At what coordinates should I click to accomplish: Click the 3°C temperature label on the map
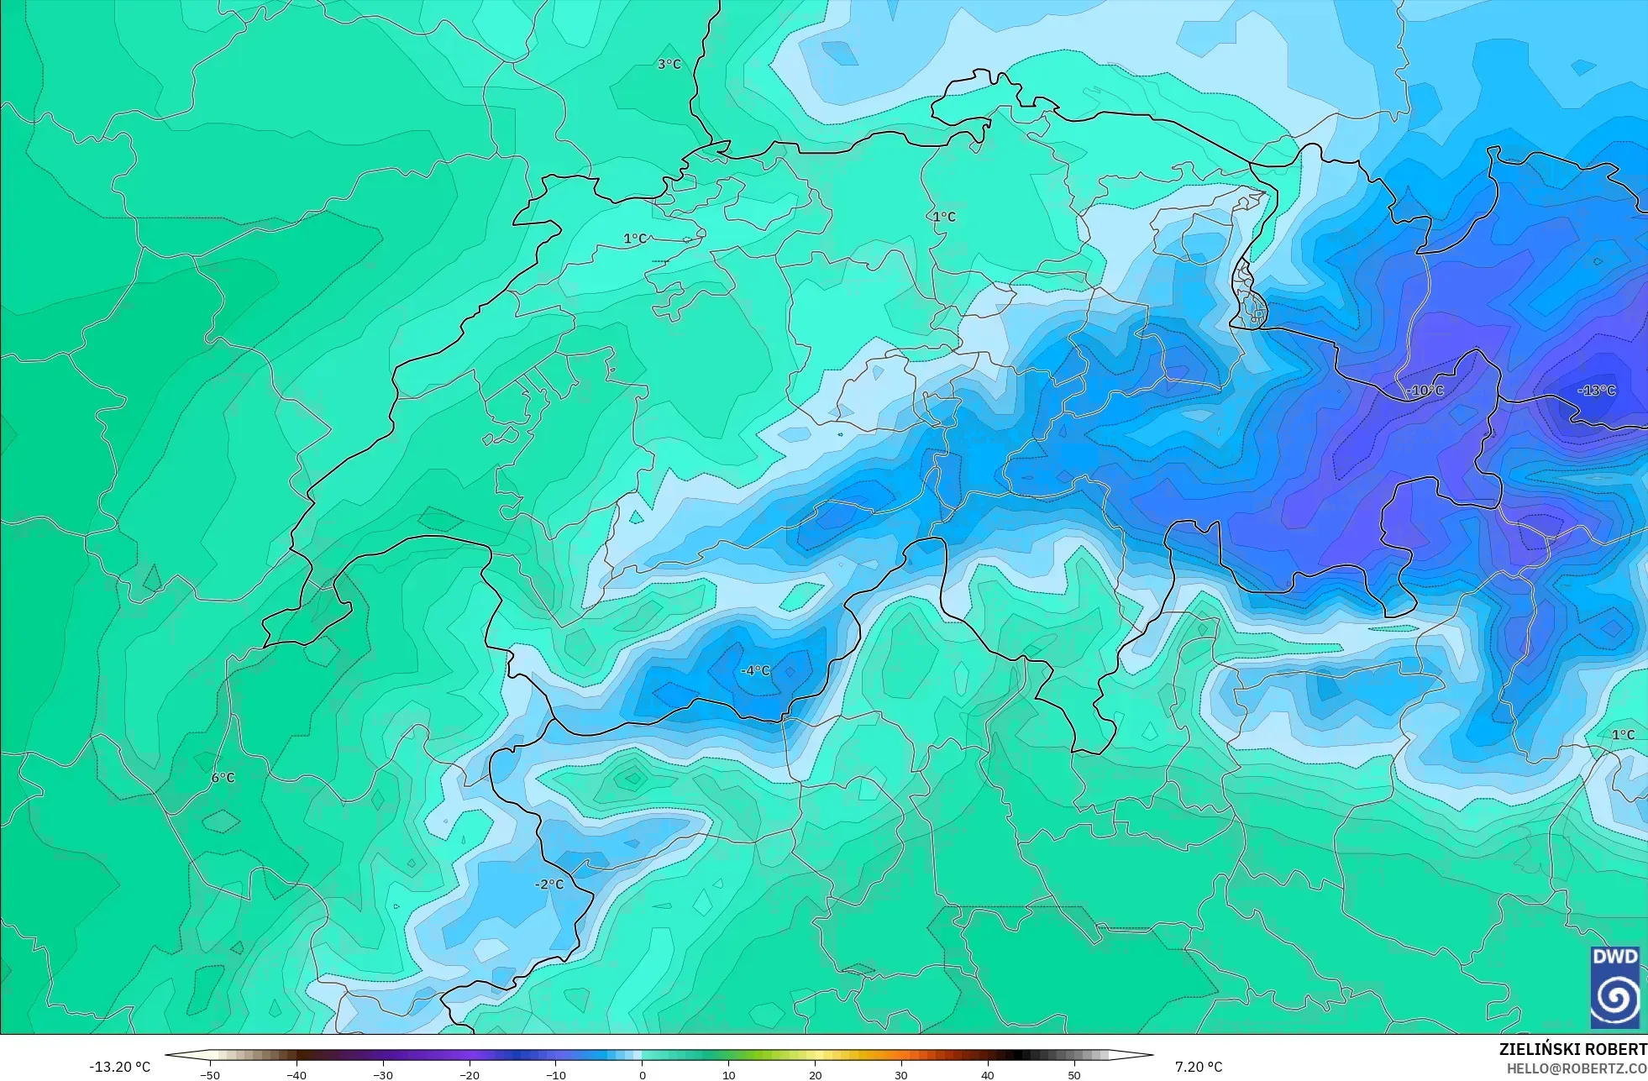pyautogui.click(x=669, y=64)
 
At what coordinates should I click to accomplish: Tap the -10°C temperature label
pyautogui.click(x=1425, y=391)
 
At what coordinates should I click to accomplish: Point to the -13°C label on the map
pyautogui.click(x=1596, y=390)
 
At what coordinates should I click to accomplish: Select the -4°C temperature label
pyautogui.click(x=755, y=670)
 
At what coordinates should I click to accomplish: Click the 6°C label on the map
pyautogui.click(x=223, y=778)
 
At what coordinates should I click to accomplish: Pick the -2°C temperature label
pyautogui.click(x=549, y=884)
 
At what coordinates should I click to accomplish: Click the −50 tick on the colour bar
pyautogui.click(x=210, y=1074)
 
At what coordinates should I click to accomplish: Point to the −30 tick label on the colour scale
pyautogui.click(x=382, y=1074)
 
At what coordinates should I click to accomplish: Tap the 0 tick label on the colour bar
pyautogui.click(x=643, y=1074)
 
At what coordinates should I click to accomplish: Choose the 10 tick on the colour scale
pyautogui.click(x=728, y=1074)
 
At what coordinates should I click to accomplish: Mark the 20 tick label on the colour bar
pyautogui.click(x=815, y=1074)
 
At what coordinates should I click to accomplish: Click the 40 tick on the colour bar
pyautogui.click(x=987, y=1074)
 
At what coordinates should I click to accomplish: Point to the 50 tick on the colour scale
pyautogui.click(x=1073, y=1074)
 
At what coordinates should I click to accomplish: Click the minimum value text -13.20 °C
pyautogui.click(x=120, y=1067)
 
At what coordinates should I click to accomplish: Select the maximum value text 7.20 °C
pyautogui.click(x=1199, y=1067)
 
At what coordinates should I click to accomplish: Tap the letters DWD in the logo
pyautogui.click(x=1614, y=957)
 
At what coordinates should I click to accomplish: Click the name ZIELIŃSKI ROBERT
pyautogui.click(x=1572, y=1049)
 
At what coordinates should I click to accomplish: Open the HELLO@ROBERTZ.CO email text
pyautogui.click(x=1576, y=1068)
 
